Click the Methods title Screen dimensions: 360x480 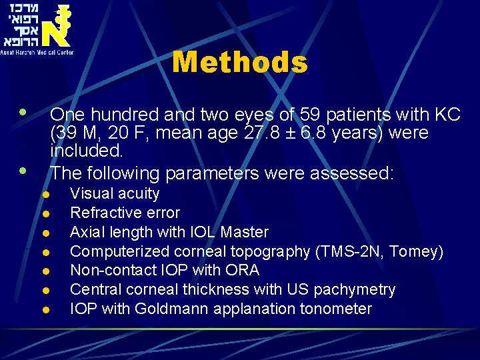[240, 63]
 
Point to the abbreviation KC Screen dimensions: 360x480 [446, 115]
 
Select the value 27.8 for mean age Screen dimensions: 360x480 [253, 133]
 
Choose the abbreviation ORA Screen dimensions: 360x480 [245, 271]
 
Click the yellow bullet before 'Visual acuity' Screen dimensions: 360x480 [45, 195]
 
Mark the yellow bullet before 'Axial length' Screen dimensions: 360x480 [45, 233]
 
